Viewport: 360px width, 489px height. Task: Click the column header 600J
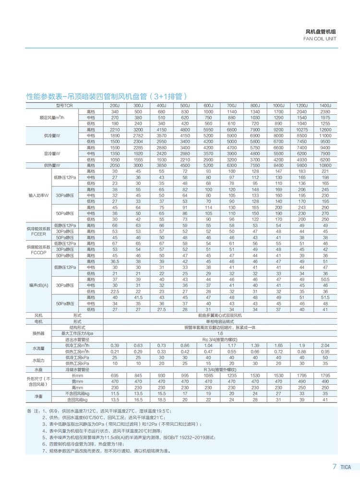coord(208,105)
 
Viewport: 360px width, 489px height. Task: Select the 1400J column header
coord(325,105)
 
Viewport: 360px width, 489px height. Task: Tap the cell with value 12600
coord(325,130)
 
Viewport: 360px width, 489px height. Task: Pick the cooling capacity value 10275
coord(302,130)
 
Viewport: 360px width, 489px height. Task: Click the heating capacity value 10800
coord(325,165)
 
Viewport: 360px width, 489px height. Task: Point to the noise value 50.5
coord(325,279)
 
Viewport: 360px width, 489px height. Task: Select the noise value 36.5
coord(115,261)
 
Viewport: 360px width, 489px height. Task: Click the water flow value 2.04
coord(325,345)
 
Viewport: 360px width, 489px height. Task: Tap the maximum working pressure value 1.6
coord(220,333)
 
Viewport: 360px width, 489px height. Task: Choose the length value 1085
coord(208,375)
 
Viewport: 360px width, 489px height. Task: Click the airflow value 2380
coord(325,111)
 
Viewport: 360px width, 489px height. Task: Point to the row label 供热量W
coord(51,165)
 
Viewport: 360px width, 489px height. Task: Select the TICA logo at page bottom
coord(347,466)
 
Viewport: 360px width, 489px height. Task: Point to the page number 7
coord(334,466)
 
